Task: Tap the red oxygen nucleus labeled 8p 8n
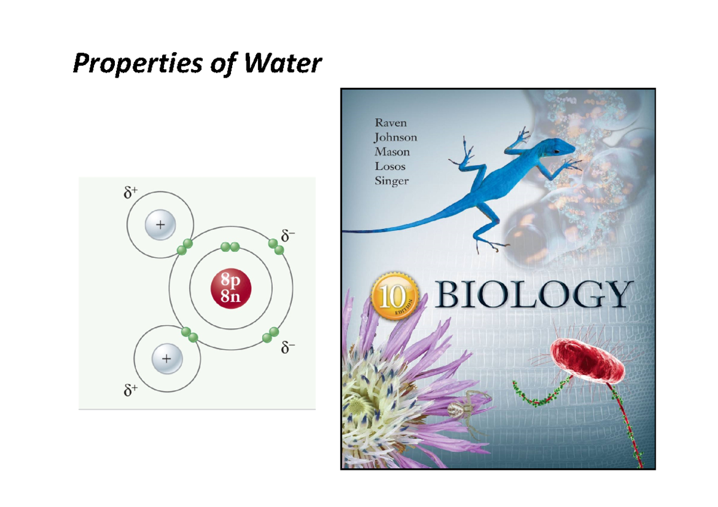tap(231, 289)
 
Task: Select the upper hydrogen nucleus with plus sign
tap(160, 226)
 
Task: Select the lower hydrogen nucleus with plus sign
tap(166, 359)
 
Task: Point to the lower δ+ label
tap(130, 390)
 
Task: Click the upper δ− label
tap(288, 236)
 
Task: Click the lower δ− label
tap(288, 347)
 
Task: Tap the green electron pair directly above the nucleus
tap(230, 247)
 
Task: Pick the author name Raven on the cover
tap(390, 123)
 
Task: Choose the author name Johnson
tap(395, 137)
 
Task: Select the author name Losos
tap(390, 166)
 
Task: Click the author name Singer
tap(391, 181)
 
